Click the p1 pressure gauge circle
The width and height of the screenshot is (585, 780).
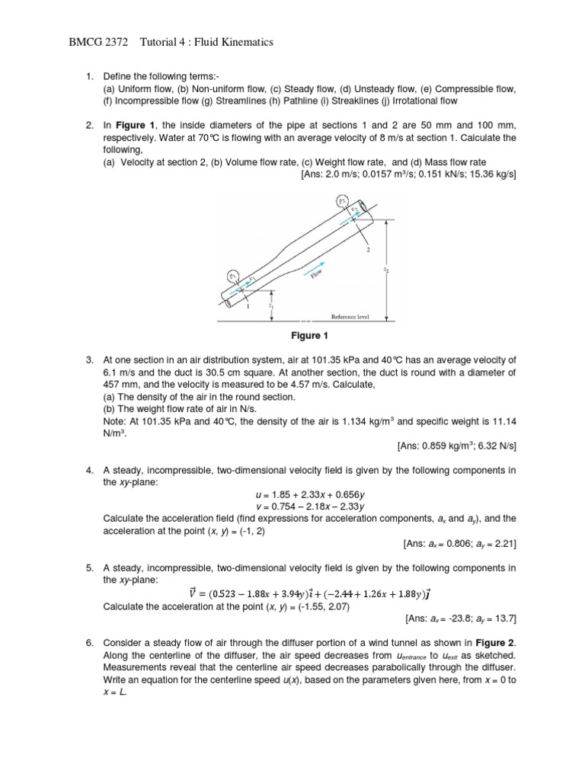(x=233, y=276)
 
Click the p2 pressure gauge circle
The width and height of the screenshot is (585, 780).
(x=340, y=202)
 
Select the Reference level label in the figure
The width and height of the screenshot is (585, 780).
(x=350, y=316)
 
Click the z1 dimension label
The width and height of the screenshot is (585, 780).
(x=273, y=305)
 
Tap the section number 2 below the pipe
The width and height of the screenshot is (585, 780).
(x=368, y=249)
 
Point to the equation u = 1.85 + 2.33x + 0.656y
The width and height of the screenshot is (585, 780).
(x=307, y=495)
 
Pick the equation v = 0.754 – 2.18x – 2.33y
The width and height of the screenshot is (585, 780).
(x=307, y=507)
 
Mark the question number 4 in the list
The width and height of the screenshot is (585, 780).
(x=88, y=471)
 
